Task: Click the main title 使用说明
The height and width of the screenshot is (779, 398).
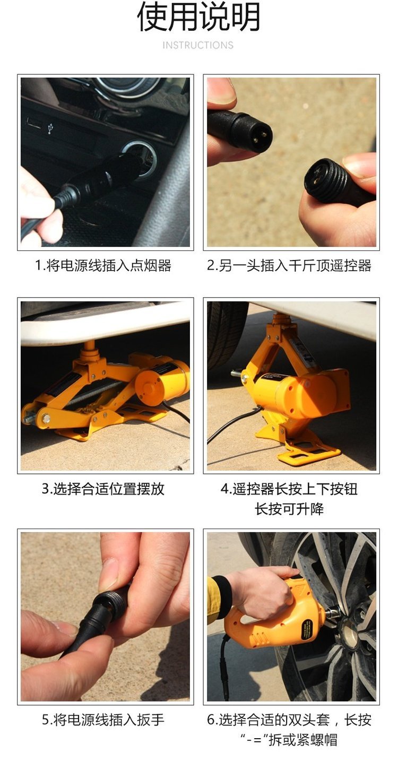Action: [x=198, y=16]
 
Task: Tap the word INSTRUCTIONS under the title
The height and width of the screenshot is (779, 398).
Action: [x=198, y=45]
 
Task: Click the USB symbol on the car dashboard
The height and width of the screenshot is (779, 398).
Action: [x=50, y=128]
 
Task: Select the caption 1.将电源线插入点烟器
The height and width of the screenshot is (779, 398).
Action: [x=103, y=265]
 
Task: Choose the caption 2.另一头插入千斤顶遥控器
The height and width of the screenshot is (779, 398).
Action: [x=289, y=265]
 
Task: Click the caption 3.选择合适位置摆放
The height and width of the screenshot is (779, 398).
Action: [x=103, y=489]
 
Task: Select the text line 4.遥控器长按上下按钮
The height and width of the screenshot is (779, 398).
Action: [x=289, y=489]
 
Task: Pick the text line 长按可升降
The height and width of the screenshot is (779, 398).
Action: [x=289, y=509]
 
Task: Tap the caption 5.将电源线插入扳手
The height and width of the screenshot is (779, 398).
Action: [x=103, y=720]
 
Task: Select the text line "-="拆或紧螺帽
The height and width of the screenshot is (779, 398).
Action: [x=289, y=740]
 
